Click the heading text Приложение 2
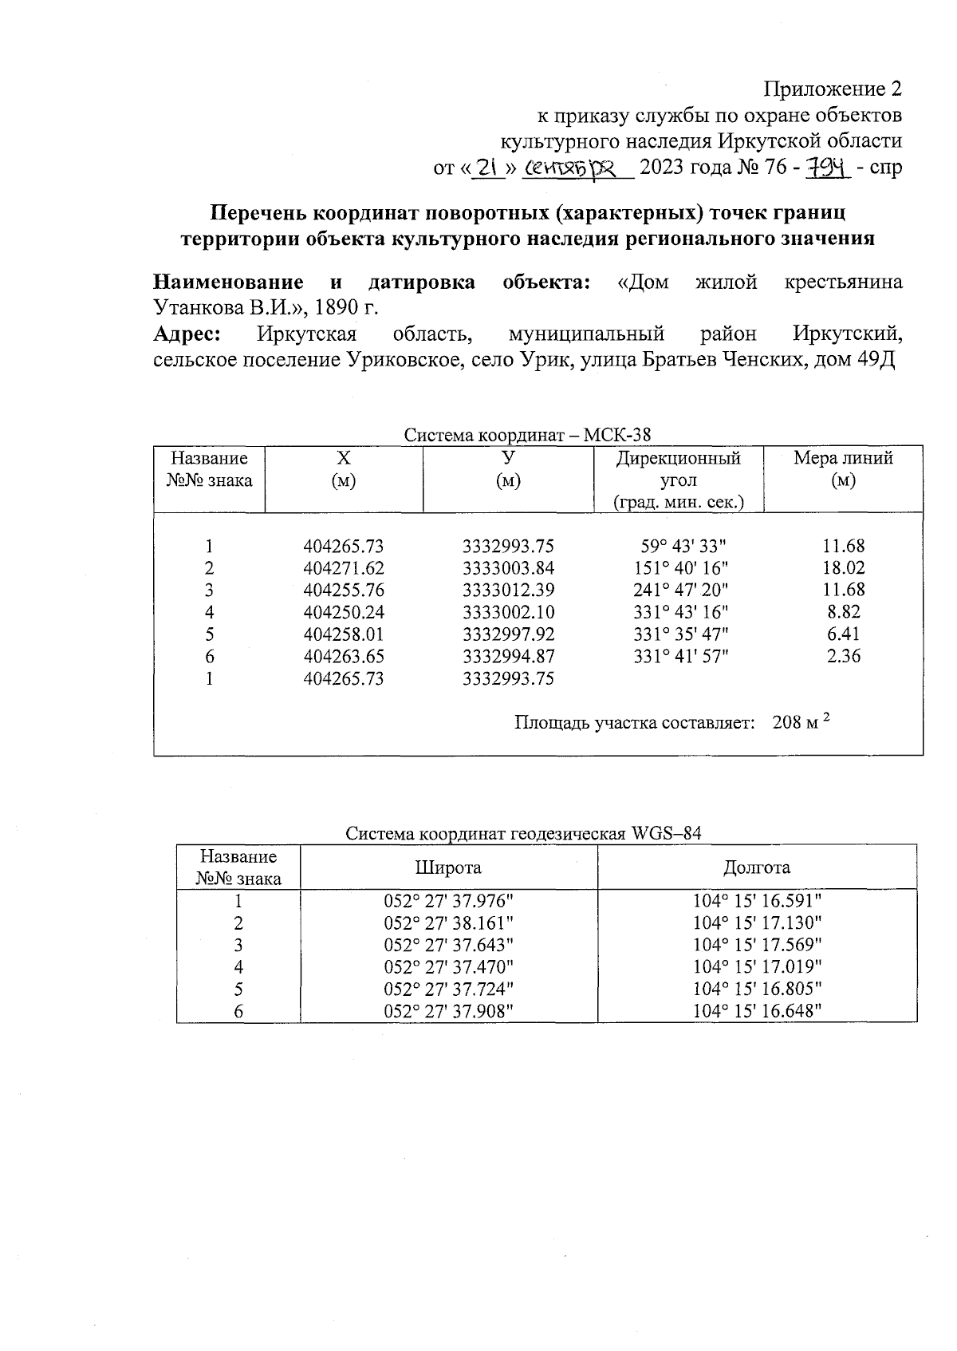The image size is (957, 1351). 833,88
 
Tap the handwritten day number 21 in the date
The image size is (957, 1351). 488,167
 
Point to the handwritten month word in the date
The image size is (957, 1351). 576,168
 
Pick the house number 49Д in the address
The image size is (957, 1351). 876,359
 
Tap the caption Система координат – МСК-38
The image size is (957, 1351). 526,435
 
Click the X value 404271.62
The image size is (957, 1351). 343,568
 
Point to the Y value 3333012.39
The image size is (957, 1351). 508,591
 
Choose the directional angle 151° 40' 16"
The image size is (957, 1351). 679,568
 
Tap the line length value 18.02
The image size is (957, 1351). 844,568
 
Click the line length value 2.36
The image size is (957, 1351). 844,657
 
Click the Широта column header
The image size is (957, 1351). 448,867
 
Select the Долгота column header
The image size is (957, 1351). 757,867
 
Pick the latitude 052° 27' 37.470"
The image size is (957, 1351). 448,967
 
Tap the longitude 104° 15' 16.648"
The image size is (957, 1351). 757,1012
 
